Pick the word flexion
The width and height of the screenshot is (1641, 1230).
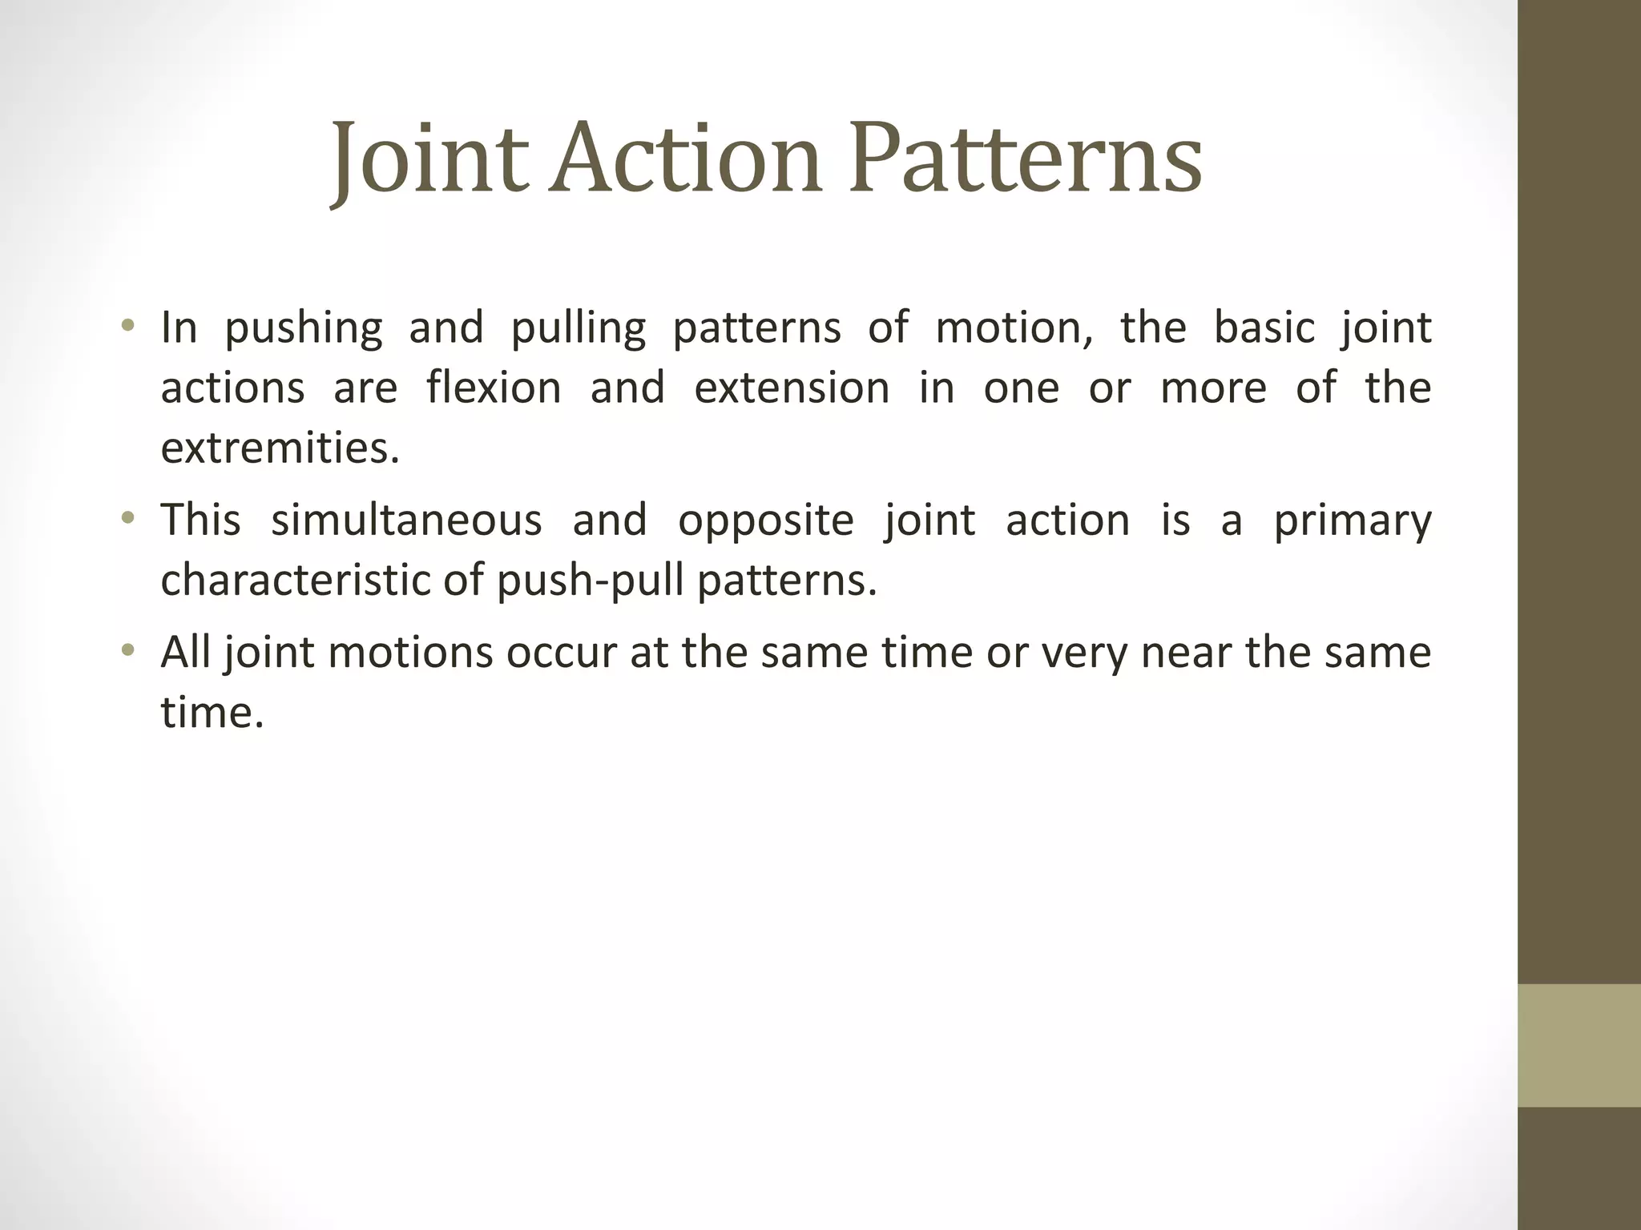click(494, 388)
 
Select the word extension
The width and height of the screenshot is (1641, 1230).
click(792, 388)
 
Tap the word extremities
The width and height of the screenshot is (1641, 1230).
click(279, 448)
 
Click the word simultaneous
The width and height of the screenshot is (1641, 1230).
click(406, 521)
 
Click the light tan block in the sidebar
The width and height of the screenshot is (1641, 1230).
click(1579, 1045)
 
